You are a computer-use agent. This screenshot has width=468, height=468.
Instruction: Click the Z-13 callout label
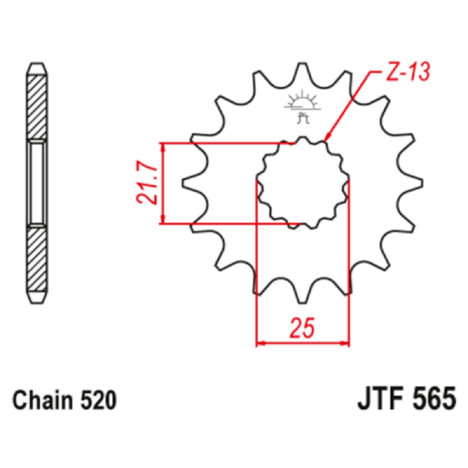click(408, 72)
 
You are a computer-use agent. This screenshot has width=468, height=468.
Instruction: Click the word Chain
click(43, 400)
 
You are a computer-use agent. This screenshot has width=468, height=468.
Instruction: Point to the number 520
click(99, 400)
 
